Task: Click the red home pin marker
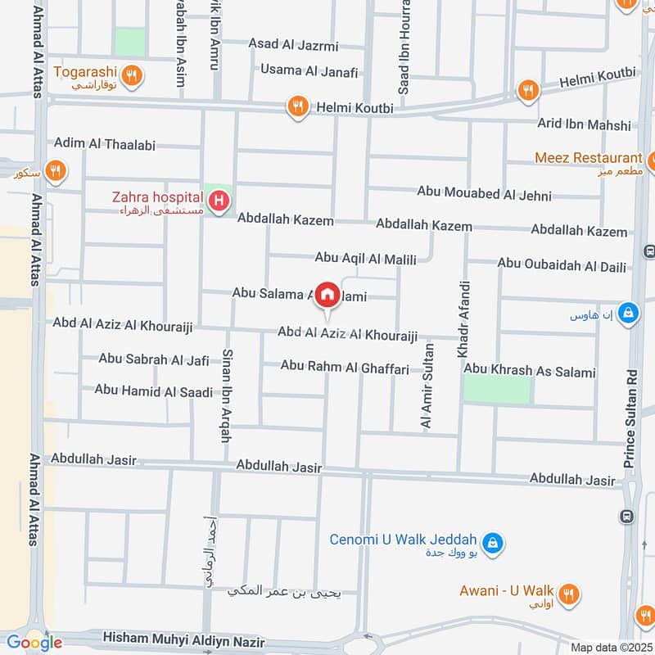point(327,294)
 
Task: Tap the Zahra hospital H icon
point(219,200)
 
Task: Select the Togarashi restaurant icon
point(135,77)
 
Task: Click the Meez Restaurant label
point(588,157)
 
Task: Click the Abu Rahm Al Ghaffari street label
point(345,368)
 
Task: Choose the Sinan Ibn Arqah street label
point(225,395)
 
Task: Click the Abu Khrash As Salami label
point(530,372)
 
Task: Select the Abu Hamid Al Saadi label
point(154,391)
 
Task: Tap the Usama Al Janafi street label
point(309,71)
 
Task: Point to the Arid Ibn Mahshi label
point(585,124)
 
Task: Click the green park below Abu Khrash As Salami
point(497,390)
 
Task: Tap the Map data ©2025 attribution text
point(609,647)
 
